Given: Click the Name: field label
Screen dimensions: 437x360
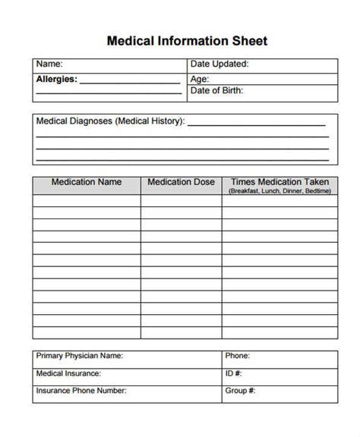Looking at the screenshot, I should coord(49,64).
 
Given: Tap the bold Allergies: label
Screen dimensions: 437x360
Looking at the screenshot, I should coord(56,78).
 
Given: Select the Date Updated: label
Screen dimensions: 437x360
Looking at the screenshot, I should coord(219,64).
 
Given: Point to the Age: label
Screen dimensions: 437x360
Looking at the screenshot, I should coord(200,78).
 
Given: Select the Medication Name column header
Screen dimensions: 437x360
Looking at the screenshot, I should coord(86,182).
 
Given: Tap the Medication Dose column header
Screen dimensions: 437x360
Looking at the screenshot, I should coord(181,182).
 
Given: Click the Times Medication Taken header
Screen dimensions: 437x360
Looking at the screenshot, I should coord(279,182).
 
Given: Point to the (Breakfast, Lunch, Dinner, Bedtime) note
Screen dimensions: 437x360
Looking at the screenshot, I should coord(279,191).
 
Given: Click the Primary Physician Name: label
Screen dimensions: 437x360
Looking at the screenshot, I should coord(79,355).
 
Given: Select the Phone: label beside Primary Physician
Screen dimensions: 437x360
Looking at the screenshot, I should coord(238,355).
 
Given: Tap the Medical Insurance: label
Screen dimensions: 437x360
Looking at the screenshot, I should coord(69,373).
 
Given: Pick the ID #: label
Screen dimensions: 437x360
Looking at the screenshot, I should coord(233,373).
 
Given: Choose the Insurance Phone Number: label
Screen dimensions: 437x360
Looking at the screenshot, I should coord(81,391).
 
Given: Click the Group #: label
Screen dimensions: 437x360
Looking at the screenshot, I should coord(240,391).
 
